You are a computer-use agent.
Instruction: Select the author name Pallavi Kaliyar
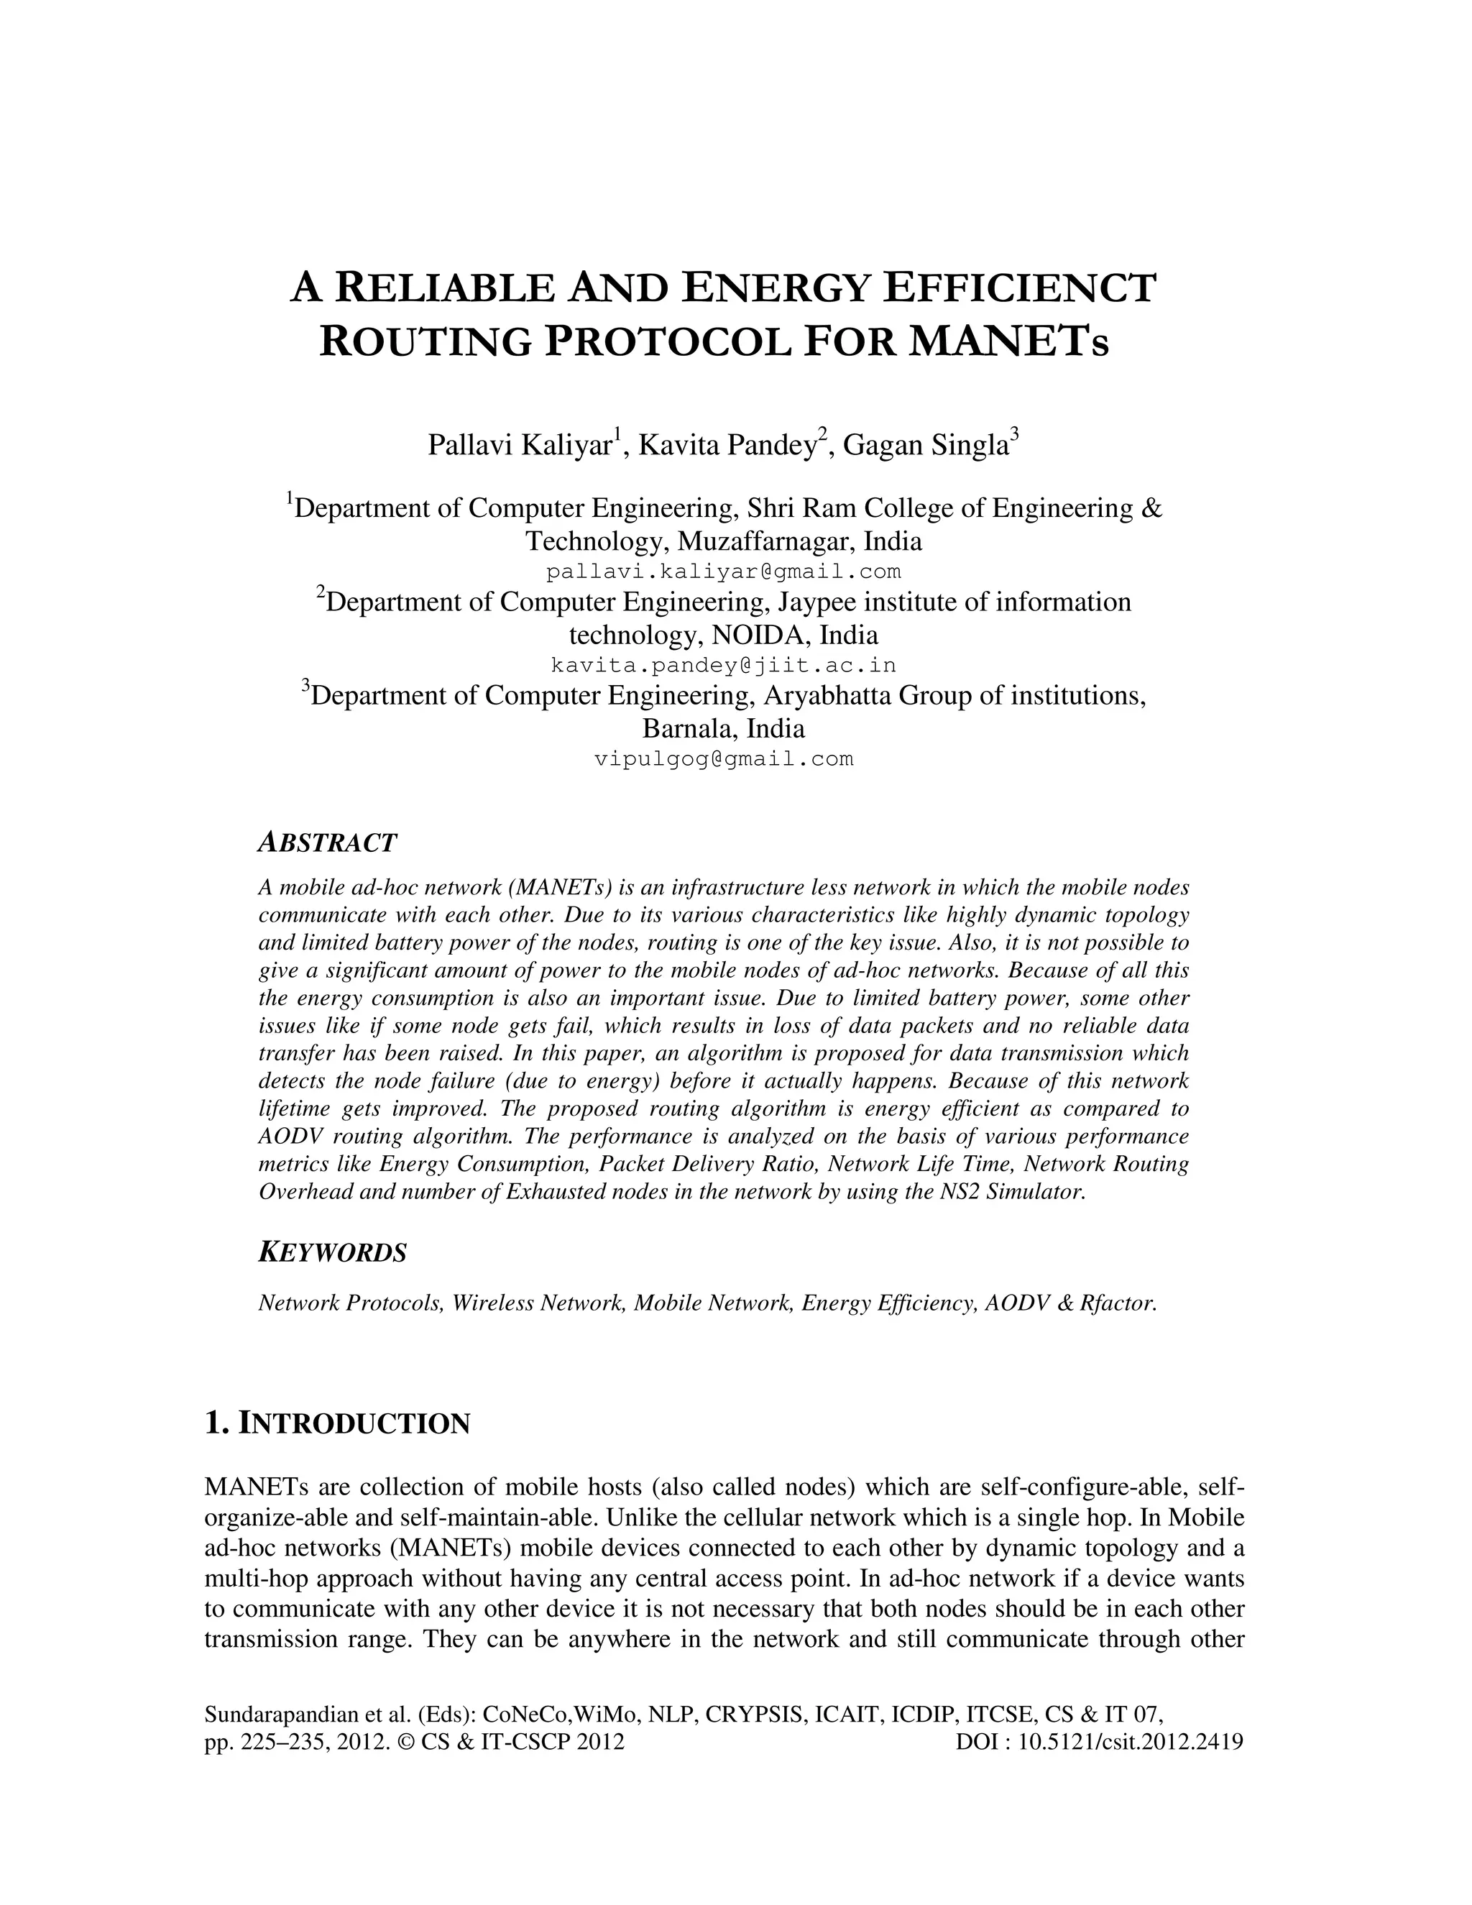coord(519,445)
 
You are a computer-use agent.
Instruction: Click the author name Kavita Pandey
coord(727,445)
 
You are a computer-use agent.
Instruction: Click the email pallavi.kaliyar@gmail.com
coord(723,572)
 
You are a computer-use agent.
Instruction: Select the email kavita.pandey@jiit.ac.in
coord(723,666)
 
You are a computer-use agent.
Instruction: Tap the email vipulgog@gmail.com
coord(723,759)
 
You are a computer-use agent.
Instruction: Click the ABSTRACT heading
coord(327,843)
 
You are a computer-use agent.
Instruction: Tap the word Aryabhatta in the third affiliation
coord(827,696)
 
